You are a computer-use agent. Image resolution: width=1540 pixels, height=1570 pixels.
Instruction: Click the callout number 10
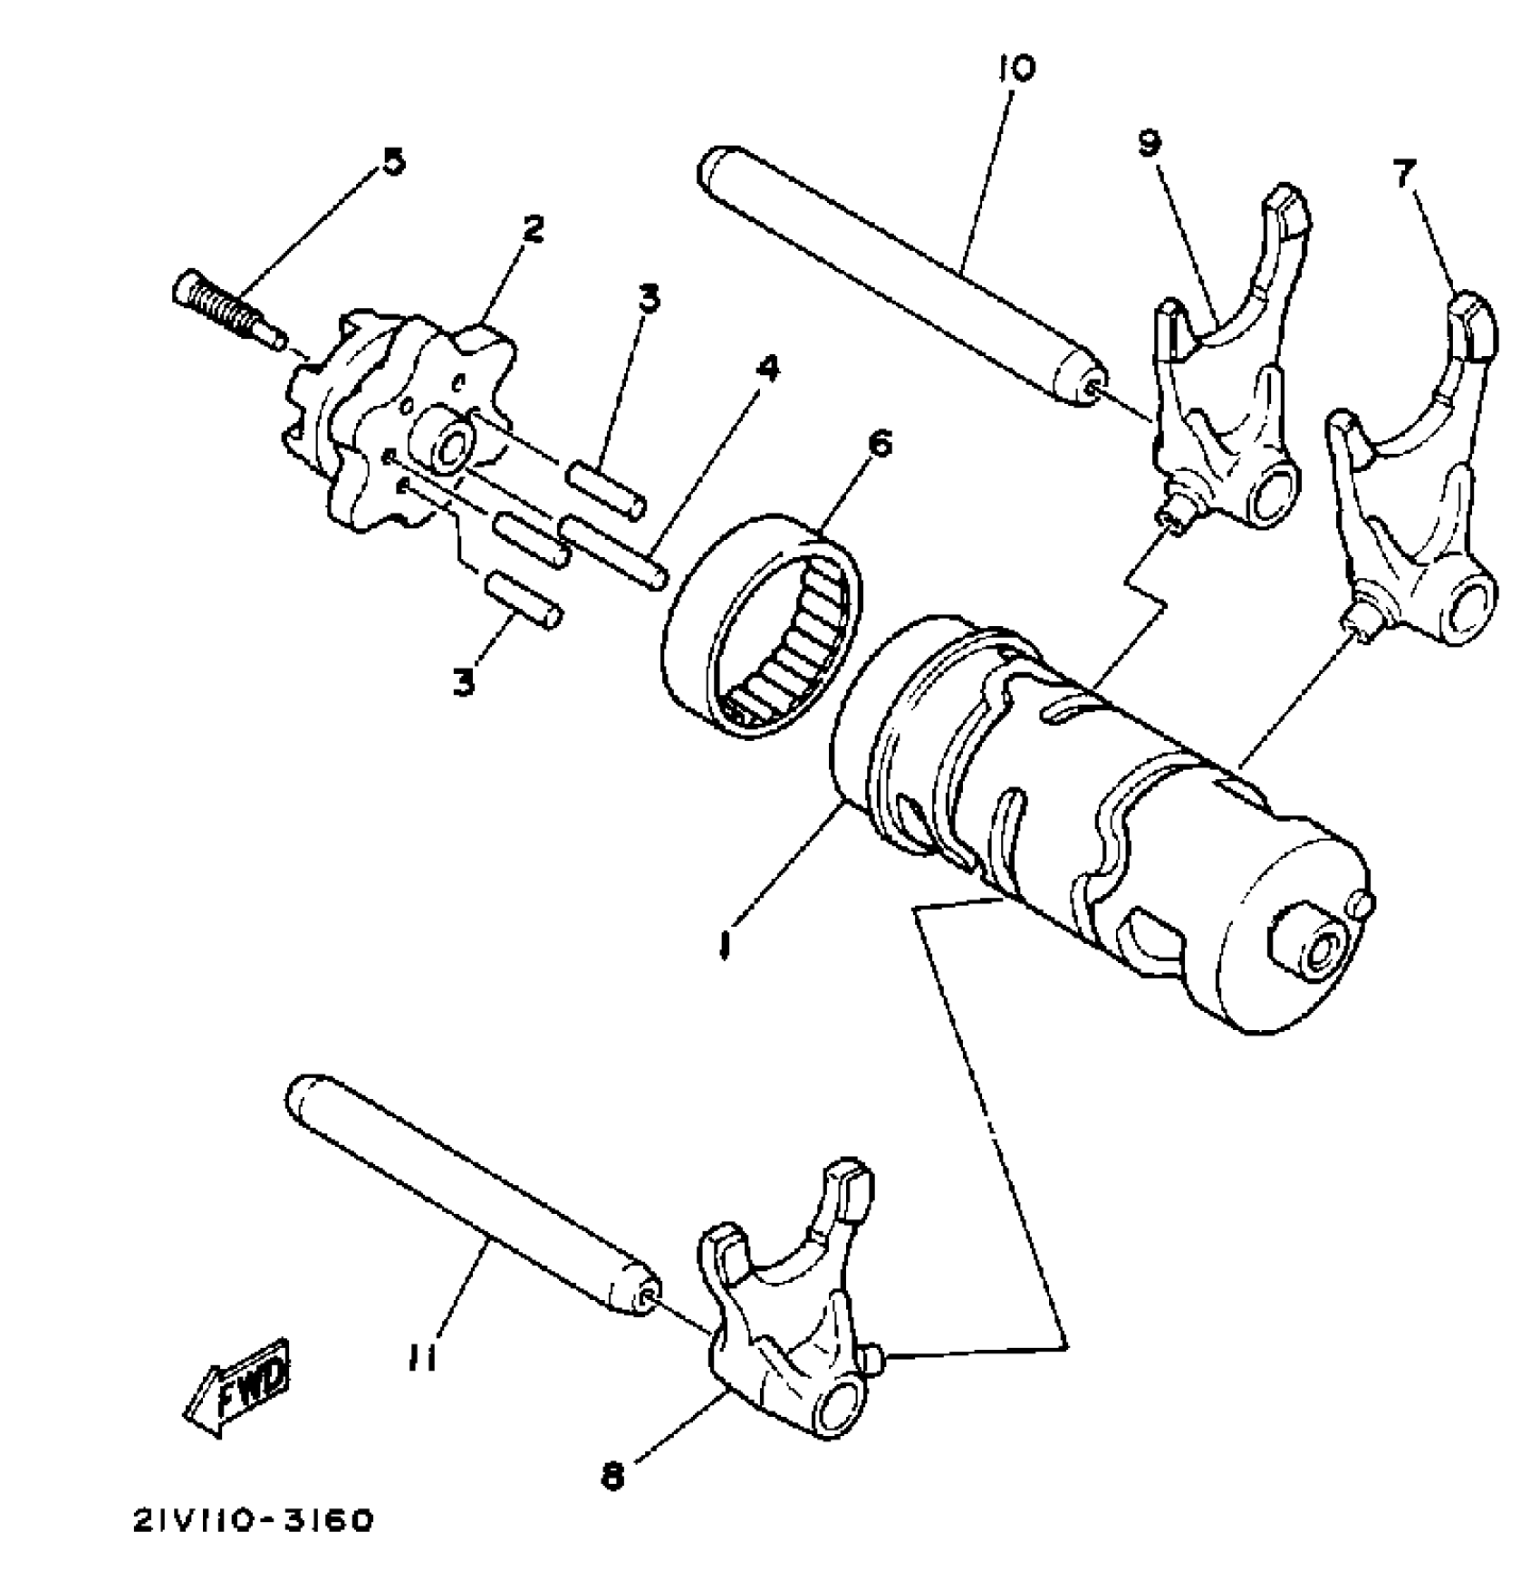coord(1016,69)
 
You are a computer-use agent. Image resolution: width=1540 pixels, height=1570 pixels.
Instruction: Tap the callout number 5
coord(392,162)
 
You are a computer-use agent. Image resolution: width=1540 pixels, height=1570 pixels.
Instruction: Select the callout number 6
coord(879,445)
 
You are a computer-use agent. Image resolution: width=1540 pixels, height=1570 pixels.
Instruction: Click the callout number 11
coord(421,1358)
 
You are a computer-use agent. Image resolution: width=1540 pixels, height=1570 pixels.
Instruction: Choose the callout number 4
coord(766,369)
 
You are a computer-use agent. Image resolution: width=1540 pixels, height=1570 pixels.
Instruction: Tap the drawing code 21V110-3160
coord(253,1521)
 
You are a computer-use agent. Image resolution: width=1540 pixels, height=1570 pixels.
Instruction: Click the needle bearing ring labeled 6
coord(761,625)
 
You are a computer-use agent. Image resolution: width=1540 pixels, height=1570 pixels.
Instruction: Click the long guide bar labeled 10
coord(906,272)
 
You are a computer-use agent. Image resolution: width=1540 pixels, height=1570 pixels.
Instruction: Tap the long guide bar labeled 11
coord(471,1196)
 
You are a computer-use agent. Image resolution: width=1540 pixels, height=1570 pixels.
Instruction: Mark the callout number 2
coord(533,231)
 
